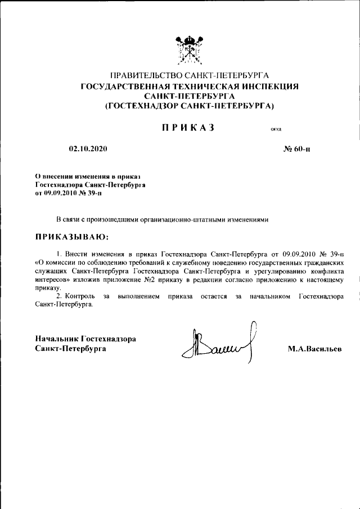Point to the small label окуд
tap(276, 129)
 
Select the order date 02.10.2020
tap(88, 150)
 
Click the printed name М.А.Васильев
tap(314, 349)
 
